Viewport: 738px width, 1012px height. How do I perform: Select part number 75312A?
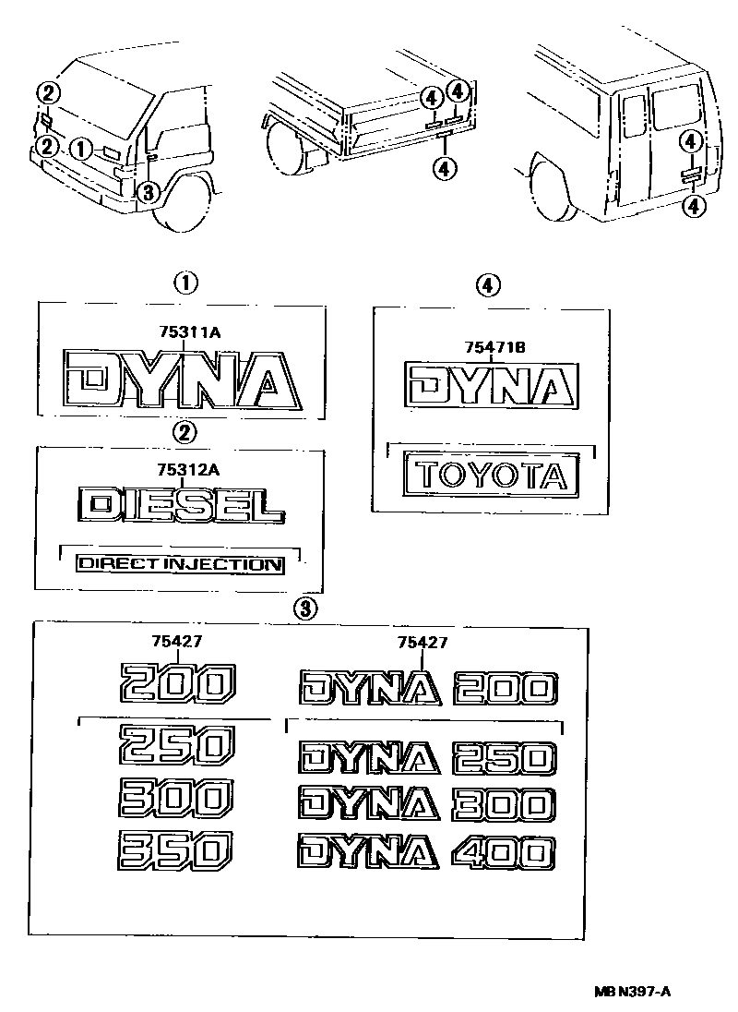point(186,470)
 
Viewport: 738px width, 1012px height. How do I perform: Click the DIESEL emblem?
point(182,505)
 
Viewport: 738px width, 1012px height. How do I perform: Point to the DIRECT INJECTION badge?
point(180,563)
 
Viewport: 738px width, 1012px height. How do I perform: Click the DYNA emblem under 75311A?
point(182,380)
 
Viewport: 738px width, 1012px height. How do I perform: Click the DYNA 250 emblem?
point(427,758)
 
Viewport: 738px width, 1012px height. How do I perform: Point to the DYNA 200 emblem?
point(427,689)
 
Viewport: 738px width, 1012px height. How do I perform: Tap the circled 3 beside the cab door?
point(148,192)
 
